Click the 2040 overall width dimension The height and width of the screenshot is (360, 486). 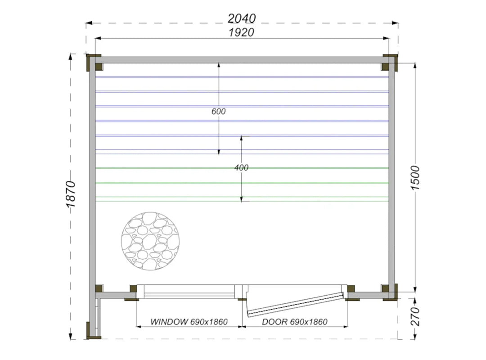[242, 18]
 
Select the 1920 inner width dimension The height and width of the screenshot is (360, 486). [242, 32]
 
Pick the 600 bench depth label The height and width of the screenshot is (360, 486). [218, 111]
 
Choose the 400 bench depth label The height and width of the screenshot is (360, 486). [241, 168]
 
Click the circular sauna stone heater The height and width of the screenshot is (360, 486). [150, 241]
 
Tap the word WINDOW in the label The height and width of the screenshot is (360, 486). [169, 322]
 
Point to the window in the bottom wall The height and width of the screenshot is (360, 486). [186, 292]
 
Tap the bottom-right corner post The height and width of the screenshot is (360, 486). [389, 292]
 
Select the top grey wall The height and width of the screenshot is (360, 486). [242, 60]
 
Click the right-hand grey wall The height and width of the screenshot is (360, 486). [391, 177]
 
